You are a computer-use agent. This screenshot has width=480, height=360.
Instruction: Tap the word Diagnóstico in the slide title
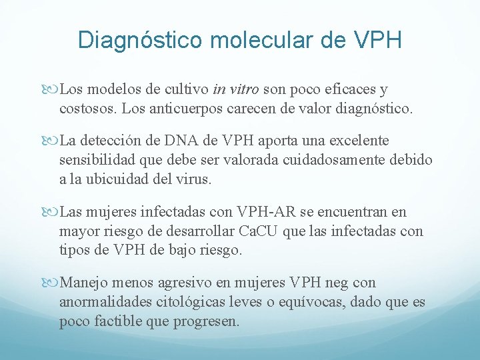(x=139, y=40)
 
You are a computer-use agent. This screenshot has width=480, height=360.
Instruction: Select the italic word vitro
(x=245, y=89)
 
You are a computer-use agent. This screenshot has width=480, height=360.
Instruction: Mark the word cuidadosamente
(x=337, y=159)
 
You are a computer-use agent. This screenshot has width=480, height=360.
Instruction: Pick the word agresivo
(x=185, y=283)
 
